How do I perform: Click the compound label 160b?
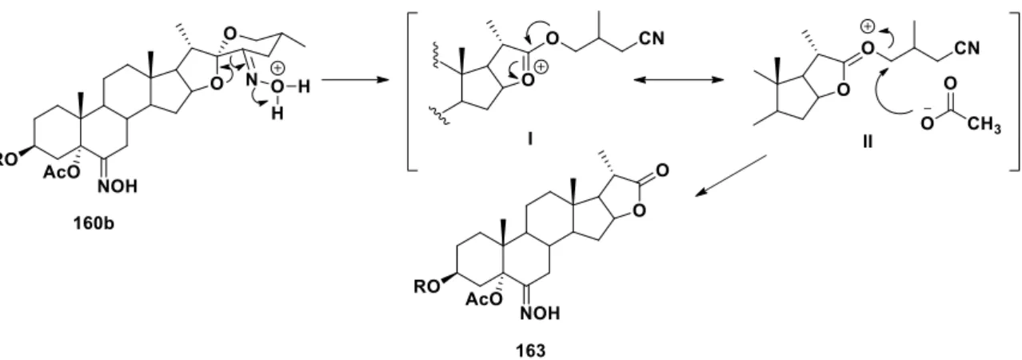point(94,223)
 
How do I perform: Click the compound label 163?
point(531,351)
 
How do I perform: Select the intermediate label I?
point(529,138)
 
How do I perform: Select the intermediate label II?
point(868,142)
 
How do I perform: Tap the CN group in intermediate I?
point(652,38)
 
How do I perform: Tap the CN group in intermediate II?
point(966,47)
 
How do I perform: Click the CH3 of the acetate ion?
point(984,124)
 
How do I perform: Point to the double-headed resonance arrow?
point(678,80)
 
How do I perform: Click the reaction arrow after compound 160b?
point(355,80)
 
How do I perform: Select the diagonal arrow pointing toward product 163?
point(730,176)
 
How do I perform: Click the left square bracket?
point(412,92)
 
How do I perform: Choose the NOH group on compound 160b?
point(118,186)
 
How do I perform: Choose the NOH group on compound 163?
point(540,313)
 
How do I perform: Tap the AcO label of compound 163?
point(484,299)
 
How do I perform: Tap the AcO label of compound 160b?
point(62,172)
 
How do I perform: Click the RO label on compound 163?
point(426,286)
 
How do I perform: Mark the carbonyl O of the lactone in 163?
point(662,170)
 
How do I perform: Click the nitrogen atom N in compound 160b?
point(251,80)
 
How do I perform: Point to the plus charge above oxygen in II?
point(867,27)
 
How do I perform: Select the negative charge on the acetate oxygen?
point(927,109)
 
